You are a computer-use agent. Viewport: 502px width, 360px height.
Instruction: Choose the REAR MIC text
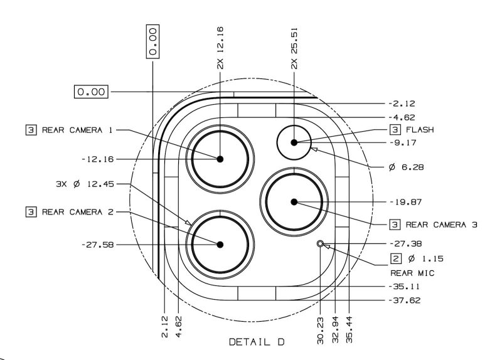click(413, 273)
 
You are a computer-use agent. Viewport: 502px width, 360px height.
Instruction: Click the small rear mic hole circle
click(321, 243)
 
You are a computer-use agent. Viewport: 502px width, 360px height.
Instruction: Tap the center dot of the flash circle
click(294, 143)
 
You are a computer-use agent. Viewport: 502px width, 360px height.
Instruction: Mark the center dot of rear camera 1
click(220, 159)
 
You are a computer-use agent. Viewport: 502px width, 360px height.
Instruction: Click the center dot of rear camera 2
click(220, 245)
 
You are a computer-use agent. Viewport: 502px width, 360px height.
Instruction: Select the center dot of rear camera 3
click(294, 201)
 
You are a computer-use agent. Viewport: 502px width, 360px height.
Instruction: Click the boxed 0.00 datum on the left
click(92, 92)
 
